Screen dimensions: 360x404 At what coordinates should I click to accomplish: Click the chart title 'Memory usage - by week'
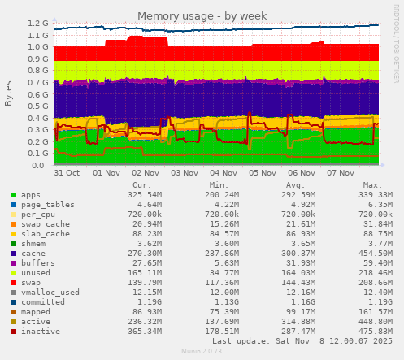pos(202,15)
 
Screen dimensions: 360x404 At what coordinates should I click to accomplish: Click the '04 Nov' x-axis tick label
pos(224,173)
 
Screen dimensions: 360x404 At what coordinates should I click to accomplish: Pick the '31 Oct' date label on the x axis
pos(67,173)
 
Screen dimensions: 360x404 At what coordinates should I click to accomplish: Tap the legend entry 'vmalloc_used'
pos(50,293)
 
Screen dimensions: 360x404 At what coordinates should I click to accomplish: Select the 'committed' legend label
pos(44,302)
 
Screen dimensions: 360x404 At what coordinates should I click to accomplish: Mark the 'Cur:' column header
pos(141,185)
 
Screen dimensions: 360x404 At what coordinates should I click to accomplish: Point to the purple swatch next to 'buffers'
pos(14,262)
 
